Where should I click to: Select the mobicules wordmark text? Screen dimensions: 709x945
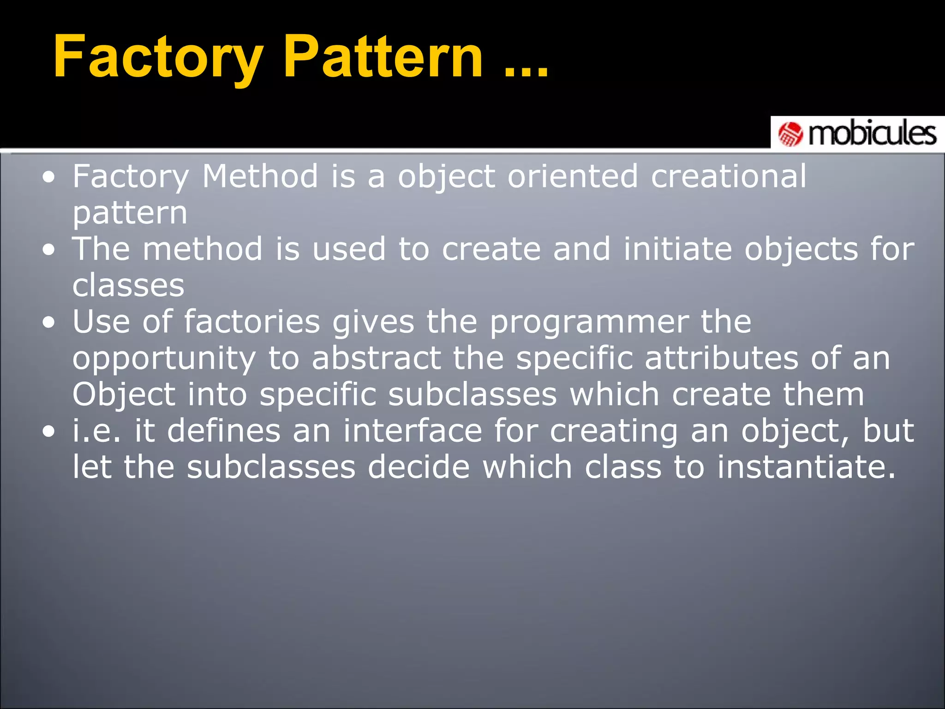872,134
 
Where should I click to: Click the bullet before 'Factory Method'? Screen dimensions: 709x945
49,177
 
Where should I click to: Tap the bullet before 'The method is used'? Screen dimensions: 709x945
49,250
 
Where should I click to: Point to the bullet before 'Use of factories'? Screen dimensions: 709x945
49,323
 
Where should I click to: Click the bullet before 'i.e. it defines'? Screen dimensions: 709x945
49,432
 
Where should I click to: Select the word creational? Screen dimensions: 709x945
729,176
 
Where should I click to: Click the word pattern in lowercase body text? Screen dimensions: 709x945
130,213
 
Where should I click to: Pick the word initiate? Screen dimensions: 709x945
677,249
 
